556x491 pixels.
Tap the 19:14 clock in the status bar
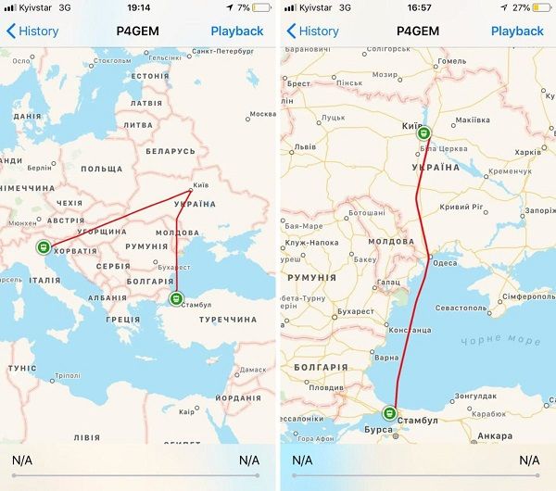pyautogui.click(x=139, y=7)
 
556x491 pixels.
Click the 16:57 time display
pyautogui.click(x=418, y=7)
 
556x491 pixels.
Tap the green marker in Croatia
pyautogui.click(x=43, y=247)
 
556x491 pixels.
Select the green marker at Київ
pyautogui.click(x=423, y=132)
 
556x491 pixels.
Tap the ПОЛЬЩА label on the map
pyautogui.click(x=101, y=170)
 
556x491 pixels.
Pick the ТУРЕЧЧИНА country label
pyautogui.click(x=228, y=319)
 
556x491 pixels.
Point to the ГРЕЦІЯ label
pyautogui.click(x=122, y=319)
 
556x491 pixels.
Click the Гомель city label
pyautogui.click(x=451, y=61)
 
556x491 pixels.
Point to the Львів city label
pyautogui.click(x=306, y=147)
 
